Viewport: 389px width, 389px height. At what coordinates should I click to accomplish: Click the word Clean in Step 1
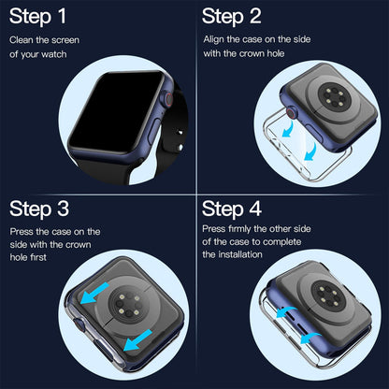point(22,40)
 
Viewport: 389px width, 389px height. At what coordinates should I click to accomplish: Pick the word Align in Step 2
point(215,40)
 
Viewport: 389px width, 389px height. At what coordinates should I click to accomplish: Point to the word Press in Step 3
point(22,230)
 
